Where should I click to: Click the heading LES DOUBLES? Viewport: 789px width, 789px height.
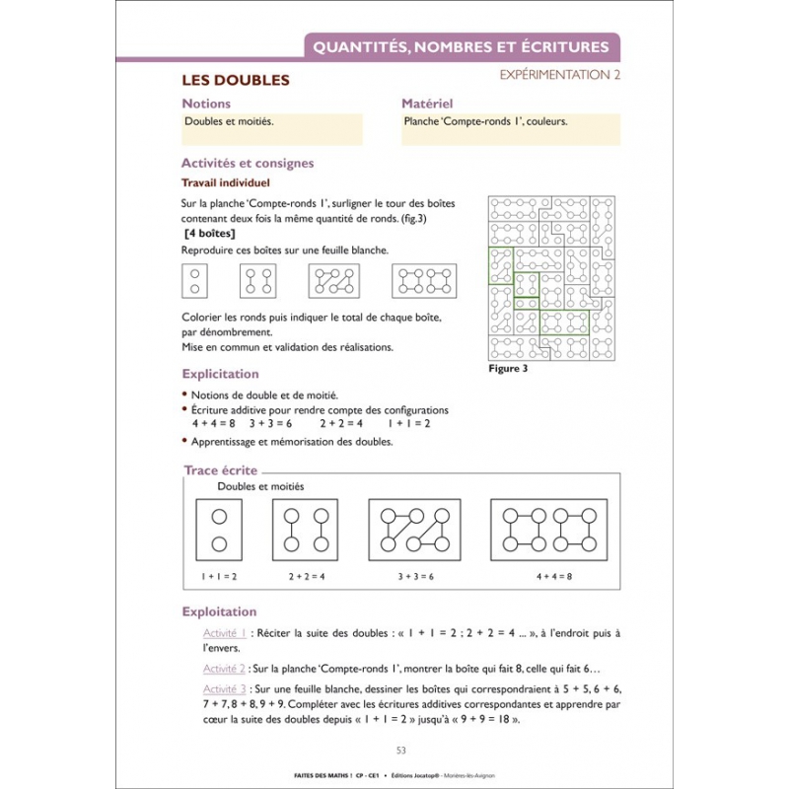pos(236,80)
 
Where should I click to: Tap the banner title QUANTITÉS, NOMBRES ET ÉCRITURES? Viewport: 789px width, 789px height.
pos(462,45)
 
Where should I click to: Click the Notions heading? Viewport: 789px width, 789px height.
pos(206,104)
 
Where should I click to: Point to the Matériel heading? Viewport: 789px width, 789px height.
pos(427,104)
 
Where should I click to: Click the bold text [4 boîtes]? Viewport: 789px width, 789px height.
pos(209,234)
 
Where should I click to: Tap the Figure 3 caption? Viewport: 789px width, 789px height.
pos(509,370)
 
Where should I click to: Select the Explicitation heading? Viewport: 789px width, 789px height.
pos(221,375)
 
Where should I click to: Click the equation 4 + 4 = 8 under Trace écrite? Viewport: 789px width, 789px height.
pos(554,575)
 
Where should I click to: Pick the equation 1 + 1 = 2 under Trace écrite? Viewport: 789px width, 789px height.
pos(219,575)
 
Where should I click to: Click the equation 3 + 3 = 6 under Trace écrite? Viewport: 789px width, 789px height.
pos(415,575)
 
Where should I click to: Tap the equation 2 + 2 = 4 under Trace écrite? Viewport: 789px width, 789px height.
pos(307,575)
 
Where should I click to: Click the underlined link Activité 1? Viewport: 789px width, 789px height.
pos(224,633)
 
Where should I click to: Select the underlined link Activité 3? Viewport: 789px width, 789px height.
pos(224,688)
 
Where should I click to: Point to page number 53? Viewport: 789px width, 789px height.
pos(400,750)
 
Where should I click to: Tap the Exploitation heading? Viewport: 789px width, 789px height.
pos(219,611)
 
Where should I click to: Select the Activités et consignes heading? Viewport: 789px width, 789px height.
pos(248,164)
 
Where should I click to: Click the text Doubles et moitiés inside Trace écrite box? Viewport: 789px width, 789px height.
pos(260,487)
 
